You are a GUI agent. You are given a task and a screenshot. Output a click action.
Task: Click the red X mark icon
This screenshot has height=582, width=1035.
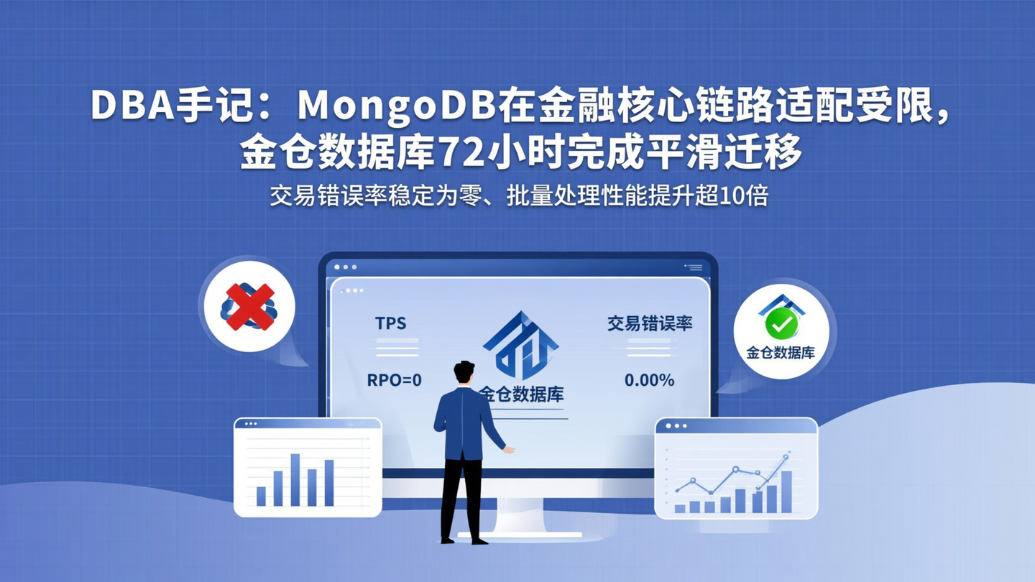[x=250, y=306]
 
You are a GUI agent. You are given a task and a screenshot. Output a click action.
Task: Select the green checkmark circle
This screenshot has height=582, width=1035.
[x=781, y=324]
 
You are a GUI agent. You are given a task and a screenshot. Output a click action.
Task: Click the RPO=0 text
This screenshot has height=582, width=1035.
[x=395, y=380]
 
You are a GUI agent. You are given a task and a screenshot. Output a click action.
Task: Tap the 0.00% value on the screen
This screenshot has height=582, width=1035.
[x=649, y=380]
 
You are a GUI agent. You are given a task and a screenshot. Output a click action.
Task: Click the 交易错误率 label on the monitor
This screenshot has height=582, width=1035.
[x=649, y=323]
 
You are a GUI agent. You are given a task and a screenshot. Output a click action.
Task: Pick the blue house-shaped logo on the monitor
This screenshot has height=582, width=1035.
[x=520, y=344]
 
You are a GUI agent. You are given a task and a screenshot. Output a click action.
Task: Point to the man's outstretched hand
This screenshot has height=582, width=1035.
[x=508, y=450]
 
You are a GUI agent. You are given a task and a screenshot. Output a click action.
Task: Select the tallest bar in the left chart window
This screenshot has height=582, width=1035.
[x=295, y=479]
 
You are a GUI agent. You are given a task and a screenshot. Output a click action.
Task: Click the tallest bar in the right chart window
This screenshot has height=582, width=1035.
[x=786, y=491]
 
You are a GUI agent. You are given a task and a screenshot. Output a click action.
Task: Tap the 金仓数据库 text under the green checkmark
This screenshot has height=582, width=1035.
[x=781, y=353]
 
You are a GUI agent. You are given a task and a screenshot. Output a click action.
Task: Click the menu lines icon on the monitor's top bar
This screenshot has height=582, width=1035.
[x=694, y=267]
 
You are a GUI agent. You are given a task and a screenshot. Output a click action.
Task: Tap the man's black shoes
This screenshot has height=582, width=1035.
[x=464, y=539]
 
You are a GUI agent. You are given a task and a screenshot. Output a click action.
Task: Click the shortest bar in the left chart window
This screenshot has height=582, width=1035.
[x=261, y=496]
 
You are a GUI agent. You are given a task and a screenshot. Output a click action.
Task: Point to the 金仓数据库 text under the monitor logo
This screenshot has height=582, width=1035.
[x=522, y=394]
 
